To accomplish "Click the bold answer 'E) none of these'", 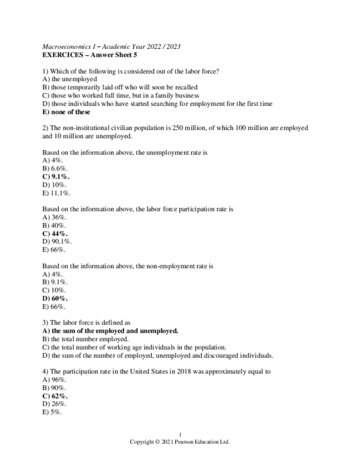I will click(x=66, y=112).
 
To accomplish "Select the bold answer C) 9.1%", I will click(x=56, y=177).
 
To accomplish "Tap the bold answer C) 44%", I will click(x=55, y=234).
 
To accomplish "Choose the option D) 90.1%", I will click(x=57, y=241).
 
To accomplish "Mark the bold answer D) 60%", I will click(x=55, y=298).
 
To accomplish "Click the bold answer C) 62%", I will click(x=55, y=396).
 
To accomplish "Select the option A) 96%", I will click(x=54, y=380).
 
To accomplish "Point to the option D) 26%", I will click(x=55, y=404).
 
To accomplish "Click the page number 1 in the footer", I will click(x=180, y=435).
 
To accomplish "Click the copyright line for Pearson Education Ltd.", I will click(x=180, y=442).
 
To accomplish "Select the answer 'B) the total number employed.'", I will click(x=86, y=339).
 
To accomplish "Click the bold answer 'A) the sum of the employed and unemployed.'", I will click(x=110, y=331).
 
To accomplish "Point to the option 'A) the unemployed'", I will click(x=70, y=79).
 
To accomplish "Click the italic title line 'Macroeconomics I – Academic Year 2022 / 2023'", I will click(x=112, y=47).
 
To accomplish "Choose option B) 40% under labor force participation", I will click(x=54, y=225).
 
